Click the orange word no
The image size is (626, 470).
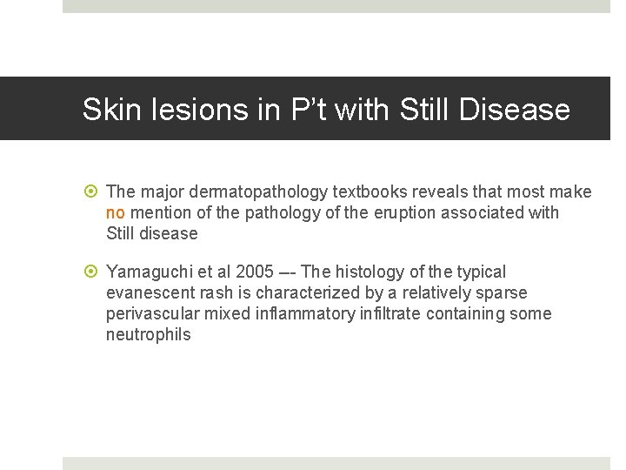point(116,212)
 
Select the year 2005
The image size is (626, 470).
point(255,272)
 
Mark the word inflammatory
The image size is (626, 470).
point(306,313)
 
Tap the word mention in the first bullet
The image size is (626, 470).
point(160,212)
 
